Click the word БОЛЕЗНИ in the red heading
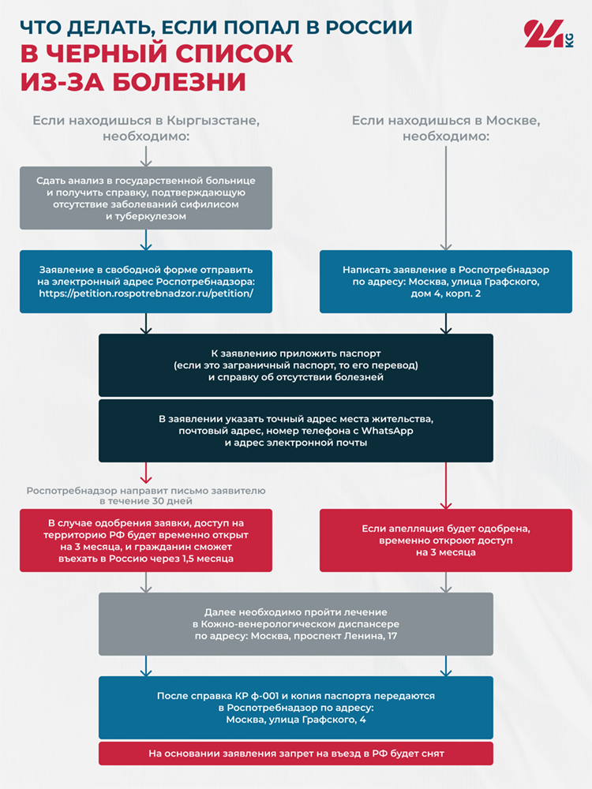(179, 82)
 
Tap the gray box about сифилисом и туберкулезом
(146, 198)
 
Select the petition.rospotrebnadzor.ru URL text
(146, 294)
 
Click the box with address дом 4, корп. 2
(446, 282)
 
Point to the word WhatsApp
(387, 431)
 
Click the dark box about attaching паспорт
(296, 365)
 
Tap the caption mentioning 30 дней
(146, 495)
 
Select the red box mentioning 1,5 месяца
(146, 540)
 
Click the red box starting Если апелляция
(446, 540)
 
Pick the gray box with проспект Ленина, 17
(296, 624)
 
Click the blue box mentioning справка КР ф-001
(296, 708)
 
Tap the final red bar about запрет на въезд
(296, 753)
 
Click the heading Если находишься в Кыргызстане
(146, 129)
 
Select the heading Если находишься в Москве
(446, 129)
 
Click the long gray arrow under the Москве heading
(446, 198)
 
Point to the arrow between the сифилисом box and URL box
(146, 240)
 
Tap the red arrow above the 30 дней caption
(146, 473)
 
